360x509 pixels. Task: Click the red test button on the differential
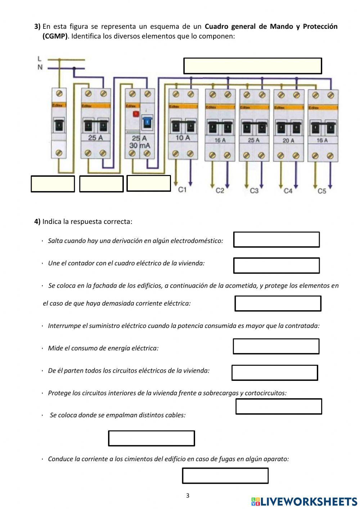pyautogui.click(x=136, y=114)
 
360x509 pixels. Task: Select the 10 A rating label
pyautogui.click(x=183, y=138)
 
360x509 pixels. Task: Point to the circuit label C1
pyautogui.click(x=182, y=190)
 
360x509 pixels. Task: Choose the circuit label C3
pyautogui.click(x=254, y=191)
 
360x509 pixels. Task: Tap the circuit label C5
pyautogui.click(x=322, y=191)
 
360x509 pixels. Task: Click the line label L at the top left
pyautogui.click(x=40, y=59)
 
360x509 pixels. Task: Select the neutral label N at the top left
pyautogui.click(x=40, y=67)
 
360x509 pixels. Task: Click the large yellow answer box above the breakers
pyautogui.click(x=252, y=66)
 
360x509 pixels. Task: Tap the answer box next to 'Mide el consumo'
pyautogui.click(x=276, y=346)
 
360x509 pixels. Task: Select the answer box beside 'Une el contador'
pyautogui.click(x=276, y=265)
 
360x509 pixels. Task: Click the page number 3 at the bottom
pyautogui.click(x=188, y=496)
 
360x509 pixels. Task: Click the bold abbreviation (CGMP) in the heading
pyautogui.click(x=55, y=36)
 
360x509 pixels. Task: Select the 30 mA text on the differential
pyautogui.click(x=140, y=145)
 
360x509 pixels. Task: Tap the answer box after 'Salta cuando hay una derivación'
pyautogui.click(x=276, y=239)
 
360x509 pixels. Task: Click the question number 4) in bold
pyautogui.click(x=37, y=221)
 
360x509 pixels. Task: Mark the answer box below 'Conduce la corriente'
pyautogui.click(x=225, y=476)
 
